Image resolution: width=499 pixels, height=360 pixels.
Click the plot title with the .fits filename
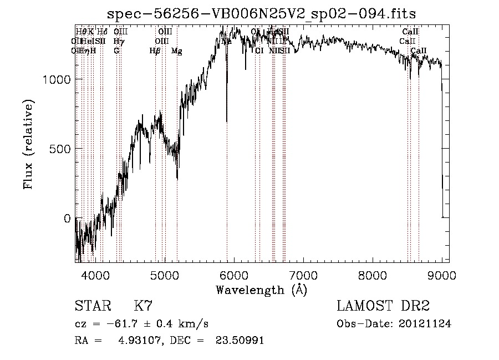[x=261, y=14]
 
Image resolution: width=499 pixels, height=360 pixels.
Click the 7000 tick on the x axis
[x=303, y=275]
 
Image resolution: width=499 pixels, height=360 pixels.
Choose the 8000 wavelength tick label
[x=373, y=275]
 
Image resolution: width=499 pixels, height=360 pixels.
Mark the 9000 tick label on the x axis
[x=442, y=275]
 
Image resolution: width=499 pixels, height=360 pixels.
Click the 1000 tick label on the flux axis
[x=57, y=79]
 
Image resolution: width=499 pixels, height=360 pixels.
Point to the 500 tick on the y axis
[x=61, y=149]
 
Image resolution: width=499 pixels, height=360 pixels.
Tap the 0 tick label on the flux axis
[x=67, y=219]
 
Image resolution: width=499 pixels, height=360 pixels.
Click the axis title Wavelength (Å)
[x=261, y=290]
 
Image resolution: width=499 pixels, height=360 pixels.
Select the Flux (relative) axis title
[x=28, y=144]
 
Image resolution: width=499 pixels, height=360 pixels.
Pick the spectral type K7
[x=143, y=306]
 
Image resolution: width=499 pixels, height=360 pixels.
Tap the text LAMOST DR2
[x=383, y=306]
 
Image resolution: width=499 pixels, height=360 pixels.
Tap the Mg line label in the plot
[x=176, y=51]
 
